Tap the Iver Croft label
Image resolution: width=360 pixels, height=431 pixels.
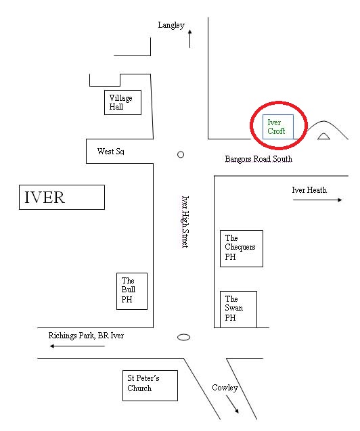click(x=276, y=127)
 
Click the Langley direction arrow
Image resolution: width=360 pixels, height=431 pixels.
click(x=189, y=39)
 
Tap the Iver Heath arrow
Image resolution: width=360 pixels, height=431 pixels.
click(x=317, y=200)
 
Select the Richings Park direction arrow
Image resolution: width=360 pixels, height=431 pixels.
click(x=77, y=346)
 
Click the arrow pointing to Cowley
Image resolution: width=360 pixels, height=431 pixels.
click(x=232, y=404)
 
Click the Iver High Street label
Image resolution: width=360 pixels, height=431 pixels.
click(x=185, y=222)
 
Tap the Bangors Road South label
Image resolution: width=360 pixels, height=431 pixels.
click(x=258, y=159)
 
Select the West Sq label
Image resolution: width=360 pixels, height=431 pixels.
click(x=111, y=152)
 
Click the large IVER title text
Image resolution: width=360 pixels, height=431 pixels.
click(x=45, y=198)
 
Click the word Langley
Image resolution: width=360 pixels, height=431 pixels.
click(x=171, y=25)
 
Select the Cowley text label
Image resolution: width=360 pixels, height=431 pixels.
click(x=225, y=388)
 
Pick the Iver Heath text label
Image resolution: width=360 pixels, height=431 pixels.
click(x=309, y=190)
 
